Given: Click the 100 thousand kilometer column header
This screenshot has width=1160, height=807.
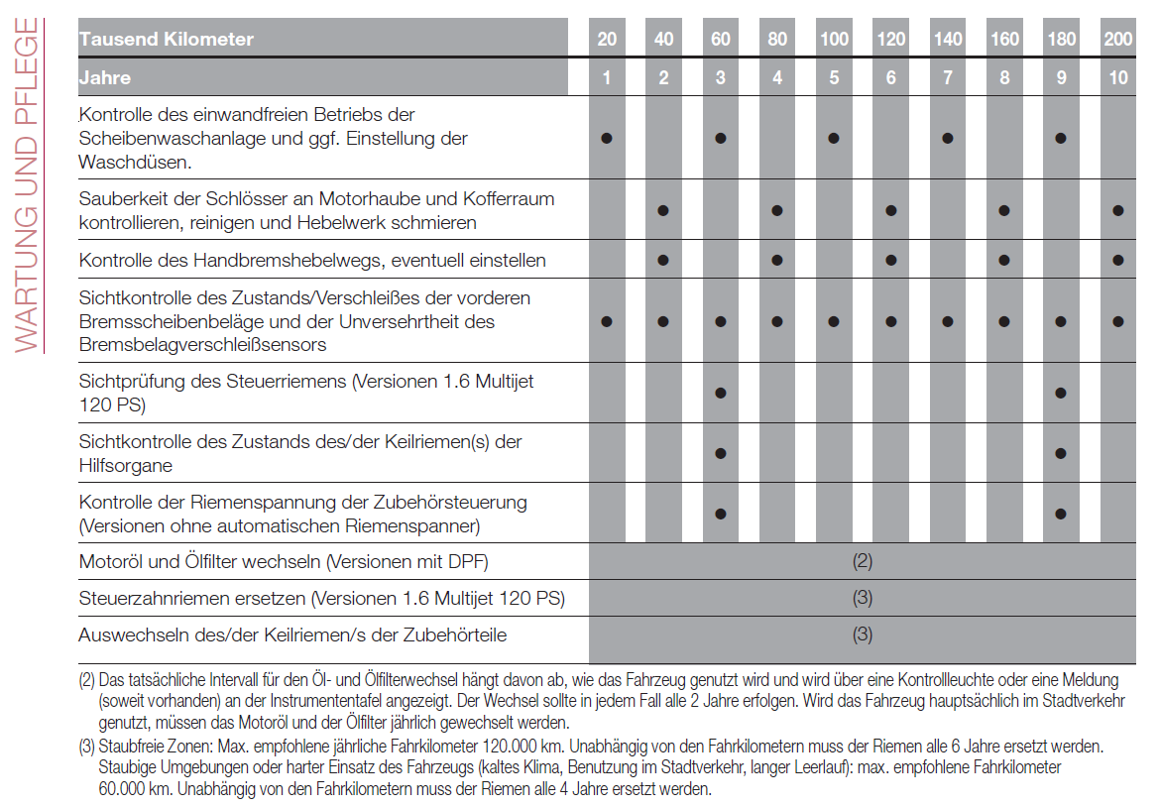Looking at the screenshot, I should tap(834, 40).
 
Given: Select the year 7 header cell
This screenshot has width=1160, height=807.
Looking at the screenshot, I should tap(948, 77).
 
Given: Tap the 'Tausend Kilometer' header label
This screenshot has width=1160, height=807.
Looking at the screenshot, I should tap(167, 40).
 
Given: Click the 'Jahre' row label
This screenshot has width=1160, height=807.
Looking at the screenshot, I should tap(105, 77).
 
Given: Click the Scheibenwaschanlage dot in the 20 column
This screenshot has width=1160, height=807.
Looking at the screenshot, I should tap(607, 138).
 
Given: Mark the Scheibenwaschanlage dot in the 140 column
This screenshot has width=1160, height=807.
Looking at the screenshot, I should tap(948, 138).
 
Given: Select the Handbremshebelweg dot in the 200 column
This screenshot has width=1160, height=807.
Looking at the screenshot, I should tap(1118, 260).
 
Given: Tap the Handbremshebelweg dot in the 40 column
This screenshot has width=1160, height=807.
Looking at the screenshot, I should tap(663, 260).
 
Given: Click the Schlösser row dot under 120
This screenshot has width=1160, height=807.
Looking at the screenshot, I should tap(891, 210).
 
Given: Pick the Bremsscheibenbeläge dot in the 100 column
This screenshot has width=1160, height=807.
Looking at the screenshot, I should tap(834, 321).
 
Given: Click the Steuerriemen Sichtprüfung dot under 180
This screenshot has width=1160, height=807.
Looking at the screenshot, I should tap(1061, 393).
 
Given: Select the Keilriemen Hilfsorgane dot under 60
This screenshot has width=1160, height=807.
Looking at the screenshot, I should tap(721, 453).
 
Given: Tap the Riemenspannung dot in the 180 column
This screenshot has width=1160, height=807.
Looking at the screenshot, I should tap(1061, 514).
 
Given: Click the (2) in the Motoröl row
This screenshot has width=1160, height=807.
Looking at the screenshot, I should tap(863, 562).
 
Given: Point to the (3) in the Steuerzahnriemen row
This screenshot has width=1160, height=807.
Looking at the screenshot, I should tap(863, 599).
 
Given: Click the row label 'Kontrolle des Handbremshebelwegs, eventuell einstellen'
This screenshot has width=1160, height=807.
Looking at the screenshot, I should tap(312, 261).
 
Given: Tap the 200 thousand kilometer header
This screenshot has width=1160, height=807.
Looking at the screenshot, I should tap(1118, 40).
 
